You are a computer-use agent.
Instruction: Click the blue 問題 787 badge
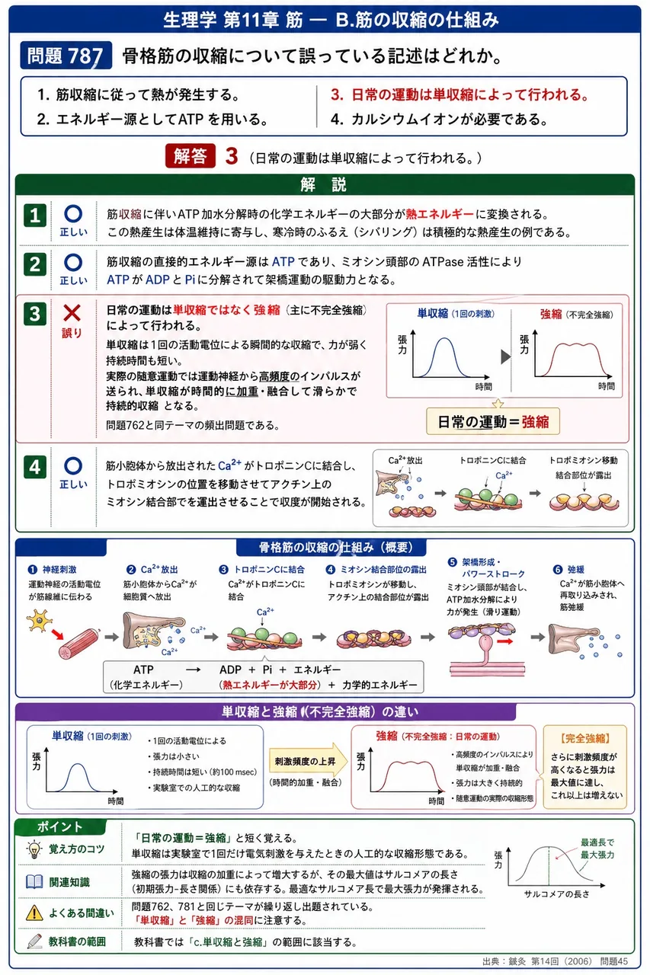click(66, 56)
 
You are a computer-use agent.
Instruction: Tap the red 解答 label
click(191, 155)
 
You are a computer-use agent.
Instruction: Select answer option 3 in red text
click(459, 94)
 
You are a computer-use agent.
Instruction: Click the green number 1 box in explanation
click(35, 215)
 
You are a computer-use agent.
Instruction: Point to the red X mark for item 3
click(72, 313)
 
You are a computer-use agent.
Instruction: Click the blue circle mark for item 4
click(72, 465)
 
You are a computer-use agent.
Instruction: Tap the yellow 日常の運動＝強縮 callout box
click(493, 421)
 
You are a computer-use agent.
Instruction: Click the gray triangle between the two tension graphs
click(505, 356)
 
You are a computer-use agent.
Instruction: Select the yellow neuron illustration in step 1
click(39, 620)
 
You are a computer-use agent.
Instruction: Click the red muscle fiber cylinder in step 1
click(78, 644)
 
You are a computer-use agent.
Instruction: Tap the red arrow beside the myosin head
click(505, 641)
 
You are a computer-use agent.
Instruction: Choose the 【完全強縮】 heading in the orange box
click(585, 738)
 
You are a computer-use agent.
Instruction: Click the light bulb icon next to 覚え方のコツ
click(34, 849)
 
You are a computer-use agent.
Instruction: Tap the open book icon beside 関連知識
click(34, 882)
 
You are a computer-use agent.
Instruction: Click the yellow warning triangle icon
click(34, 913)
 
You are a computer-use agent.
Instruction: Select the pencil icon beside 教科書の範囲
click(34, 941)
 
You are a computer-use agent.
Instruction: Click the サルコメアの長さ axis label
click(556, 894)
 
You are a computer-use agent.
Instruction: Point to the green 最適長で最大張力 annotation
click(597, 849)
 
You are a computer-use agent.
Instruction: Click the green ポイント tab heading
click(59, 826)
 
